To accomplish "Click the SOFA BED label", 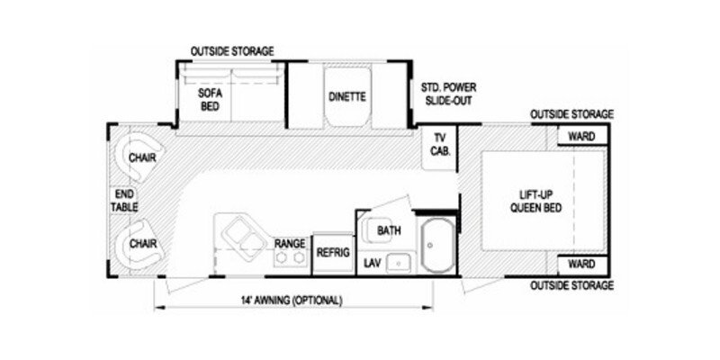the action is coord(210,100).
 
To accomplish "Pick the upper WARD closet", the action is coord(582,136).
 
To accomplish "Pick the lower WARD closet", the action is coord(582,264).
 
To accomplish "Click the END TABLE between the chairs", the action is coord(124,200).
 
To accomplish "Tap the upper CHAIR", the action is coord(139,157).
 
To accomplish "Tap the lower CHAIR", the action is coord(139,243).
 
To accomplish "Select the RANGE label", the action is coord(290,243).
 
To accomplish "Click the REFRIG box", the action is coord(334,253).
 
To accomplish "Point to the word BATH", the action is coord(389,230).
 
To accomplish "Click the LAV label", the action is coord(372,263).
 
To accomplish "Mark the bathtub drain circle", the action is coord(430,245).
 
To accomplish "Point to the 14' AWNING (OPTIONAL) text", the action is coord(292,301).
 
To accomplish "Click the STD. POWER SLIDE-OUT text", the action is coord(448,94).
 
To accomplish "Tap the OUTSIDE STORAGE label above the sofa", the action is coord(232,50).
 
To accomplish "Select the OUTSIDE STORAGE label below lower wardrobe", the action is coord(571,285).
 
